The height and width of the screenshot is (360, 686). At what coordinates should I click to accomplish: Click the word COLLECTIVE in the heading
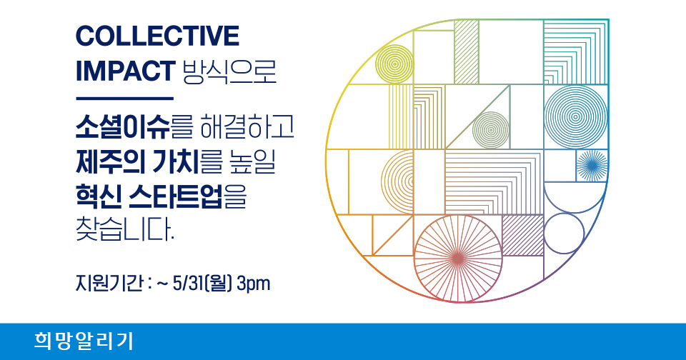click(157, 36)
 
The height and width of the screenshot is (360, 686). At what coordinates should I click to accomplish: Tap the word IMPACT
click(126, 71)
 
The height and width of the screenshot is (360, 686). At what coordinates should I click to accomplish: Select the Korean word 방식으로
click(229, 71)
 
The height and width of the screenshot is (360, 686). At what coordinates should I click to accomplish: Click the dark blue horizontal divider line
click(124, 99)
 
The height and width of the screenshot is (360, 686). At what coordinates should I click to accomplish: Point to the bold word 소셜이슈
click(122, 127)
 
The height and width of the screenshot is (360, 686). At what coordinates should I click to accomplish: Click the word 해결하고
click(247, 127)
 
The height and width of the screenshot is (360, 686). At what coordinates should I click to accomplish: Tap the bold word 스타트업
click(176, 196)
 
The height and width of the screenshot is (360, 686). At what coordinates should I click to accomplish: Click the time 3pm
click(253, 284)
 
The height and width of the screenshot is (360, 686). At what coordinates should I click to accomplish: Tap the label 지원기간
click(109, 284)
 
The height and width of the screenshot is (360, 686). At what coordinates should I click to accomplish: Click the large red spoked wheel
click(457, 259)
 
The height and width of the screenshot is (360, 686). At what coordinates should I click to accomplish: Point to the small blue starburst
click(592, 165)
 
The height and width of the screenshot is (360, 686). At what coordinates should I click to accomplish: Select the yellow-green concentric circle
click(394, 64)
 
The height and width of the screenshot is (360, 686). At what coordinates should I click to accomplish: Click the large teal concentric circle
click(576, 117)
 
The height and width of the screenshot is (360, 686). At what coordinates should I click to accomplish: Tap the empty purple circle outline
click(544, 234)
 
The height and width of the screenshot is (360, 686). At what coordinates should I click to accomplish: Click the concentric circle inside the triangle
click(492, 130)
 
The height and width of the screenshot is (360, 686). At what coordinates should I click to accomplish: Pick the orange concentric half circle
click(382, 181)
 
